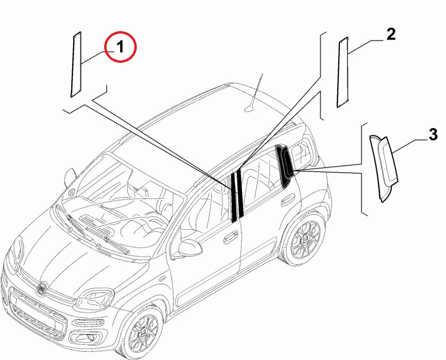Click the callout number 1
pyautogui.click(x=121, y=47)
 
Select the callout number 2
pyautogui.click(x=391, y=34)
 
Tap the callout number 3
pyautogui.click(x=433, y=134)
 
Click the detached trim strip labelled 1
pyautogui.click(x=76, y=65)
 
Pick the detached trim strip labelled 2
pyautogui.click(x=343, y=72)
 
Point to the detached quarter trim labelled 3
pyautogui.click(x=384, y=168)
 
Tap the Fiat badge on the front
pyautogui.click(x=42, y=288)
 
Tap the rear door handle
pyautogui.click(x=288, y=200)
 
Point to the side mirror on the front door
pyautogui.click(x=190, y=248)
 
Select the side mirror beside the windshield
pyautogui.click(x=70, y=177)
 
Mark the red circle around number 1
pyautogui.click(x=120, y=47)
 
